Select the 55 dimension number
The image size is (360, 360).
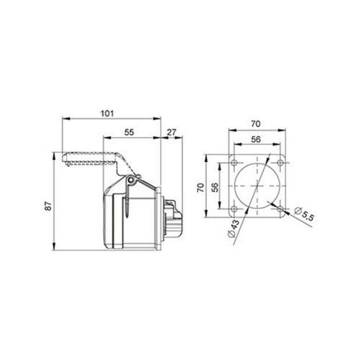pyautogui.click(x=130, y=132)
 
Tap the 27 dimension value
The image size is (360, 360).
pyautogui.click(x=172, y=132)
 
